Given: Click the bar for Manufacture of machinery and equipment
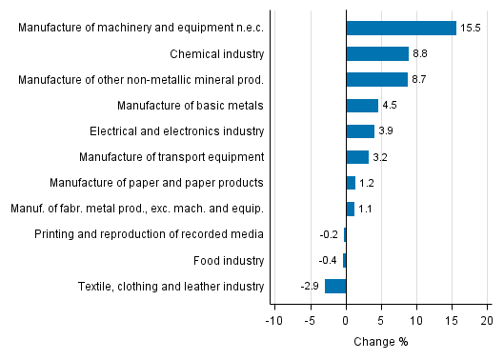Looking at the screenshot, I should coord(401,29).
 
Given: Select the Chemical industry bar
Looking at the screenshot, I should coord(377,54).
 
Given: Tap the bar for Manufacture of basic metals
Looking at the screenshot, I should coord(362,106).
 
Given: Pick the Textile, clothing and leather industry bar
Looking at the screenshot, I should coord(335,286).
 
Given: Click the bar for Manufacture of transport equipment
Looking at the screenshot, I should coord(357,157).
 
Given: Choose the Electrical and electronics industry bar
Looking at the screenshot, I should coord(360,131).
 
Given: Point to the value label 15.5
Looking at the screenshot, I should coord(471,29).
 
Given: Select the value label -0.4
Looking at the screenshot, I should coord(328,260).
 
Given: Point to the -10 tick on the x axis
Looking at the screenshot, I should coord(274,320).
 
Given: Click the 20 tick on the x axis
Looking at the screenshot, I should coord(486,320).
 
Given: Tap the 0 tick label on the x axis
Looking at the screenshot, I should coord(346,320).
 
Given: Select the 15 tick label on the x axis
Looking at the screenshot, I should coord(451,320).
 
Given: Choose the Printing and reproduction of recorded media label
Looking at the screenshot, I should coord(149,234).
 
